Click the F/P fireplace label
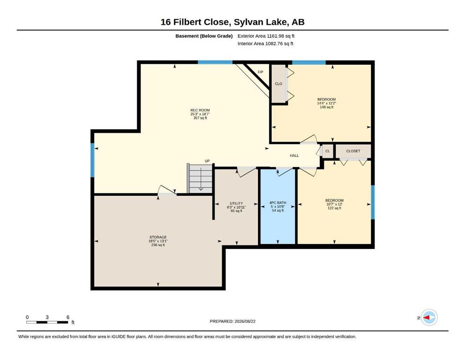260,72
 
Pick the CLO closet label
279,84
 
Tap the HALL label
294,156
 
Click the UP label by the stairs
207,161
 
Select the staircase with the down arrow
200,179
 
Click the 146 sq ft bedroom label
326,103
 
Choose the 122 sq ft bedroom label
334,204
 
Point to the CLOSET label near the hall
353,151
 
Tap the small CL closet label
327,151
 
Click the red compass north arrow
427,317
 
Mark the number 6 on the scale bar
68,317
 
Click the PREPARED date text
232,321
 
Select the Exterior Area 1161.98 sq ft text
266,36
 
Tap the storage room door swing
167,190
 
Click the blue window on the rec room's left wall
92,160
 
